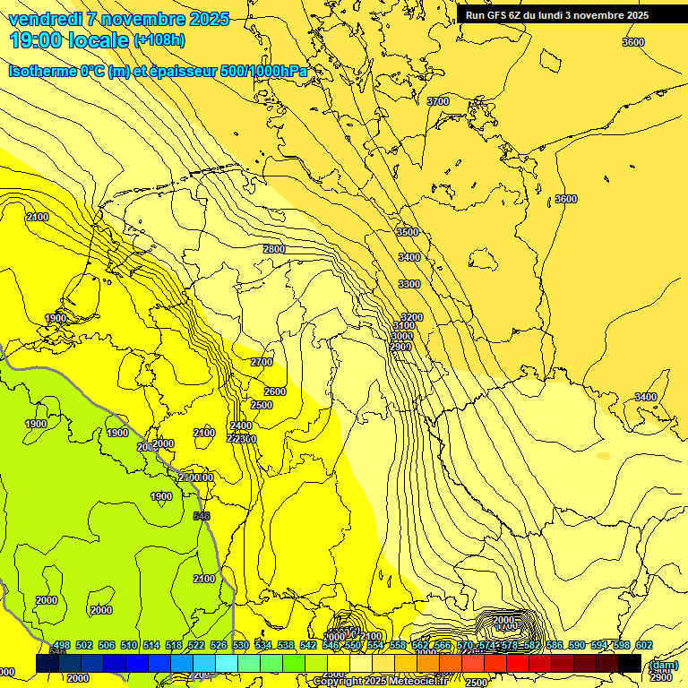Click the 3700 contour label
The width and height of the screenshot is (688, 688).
[438, 101]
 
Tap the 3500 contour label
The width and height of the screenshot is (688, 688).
[408, 232]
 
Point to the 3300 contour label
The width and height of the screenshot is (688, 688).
[409, 284]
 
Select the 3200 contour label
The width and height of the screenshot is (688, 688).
[412, 317]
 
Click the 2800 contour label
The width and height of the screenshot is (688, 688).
[274, 249]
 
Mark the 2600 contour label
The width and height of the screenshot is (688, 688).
[275, 391]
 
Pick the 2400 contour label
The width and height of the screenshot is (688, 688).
[241, 426]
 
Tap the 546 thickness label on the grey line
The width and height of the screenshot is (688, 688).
[202, 516]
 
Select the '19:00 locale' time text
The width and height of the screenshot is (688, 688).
[68, 40]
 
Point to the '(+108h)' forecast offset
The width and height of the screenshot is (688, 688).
[159, 40]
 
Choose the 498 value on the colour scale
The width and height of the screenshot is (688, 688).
[61, 645]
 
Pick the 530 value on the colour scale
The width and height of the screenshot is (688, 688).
[241, 645]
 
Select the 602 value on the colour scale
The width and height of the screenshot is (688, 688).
[644, 645]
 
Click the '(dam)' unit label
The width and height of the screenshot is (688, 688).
[663, 665]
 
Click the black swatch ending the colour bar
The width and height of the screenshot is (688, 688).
[630, 663]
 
